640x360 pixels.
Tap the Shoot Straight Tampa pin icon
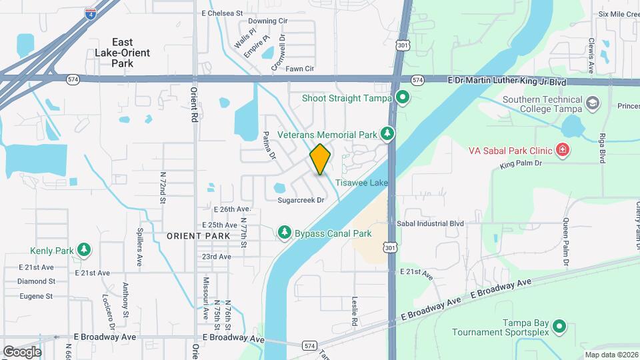click(402, 98)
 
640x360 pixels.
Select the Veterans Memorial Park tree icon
click(387, 134)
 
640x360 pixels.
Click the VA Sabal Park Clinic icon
click(563, 149)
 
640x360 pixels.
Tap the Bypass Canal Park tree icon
click(285, 233)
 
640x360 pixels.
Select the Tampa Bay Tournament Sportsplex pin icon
click(559, 326)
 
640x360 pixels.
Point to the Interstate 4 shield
click(89, 13)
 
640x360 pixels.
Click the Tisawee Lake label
click(361, 182)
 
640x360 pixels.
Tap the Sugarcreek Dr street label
click(301, 199)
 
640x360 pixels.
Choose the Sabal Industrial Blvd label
click(429, 224)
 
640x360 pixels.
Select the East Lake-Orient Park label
click(122, 53)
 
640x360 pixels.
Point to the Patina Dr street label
click(269, 145)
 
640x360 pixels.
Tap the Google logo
click(22, 351)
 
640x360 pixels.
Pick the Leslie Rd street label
click(355, 310)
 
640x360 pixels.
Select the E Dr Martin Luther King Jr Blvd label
click(507, 81)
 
